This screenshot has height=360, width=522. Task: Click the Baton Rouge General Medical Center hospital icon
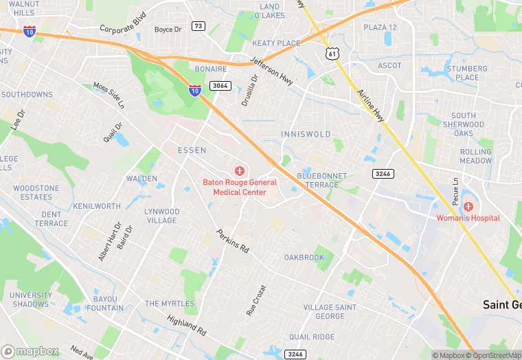point(240,170)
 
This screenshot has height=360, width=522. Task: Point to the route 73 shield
point(198,26)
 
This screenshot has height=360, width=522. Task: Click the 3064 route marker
point(220,86)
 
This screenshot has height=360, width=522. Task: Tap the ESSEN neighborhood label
point(192,150)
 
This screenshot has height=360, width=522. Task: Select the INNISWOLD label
point(306,134)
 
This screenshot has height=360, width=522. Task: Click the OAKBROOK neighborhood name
point(304,258)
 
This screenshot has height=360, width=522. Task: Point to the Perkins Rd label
point(233,240)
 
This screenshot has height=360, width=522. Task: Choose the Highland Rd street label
point(187,325)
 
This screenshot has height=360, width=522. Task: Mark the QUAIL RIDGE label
point(312,337)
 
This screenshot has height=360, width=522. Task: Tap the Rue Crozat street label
point(256,300)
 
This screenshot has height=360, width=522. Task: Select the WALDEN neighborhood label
point(141,179)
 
